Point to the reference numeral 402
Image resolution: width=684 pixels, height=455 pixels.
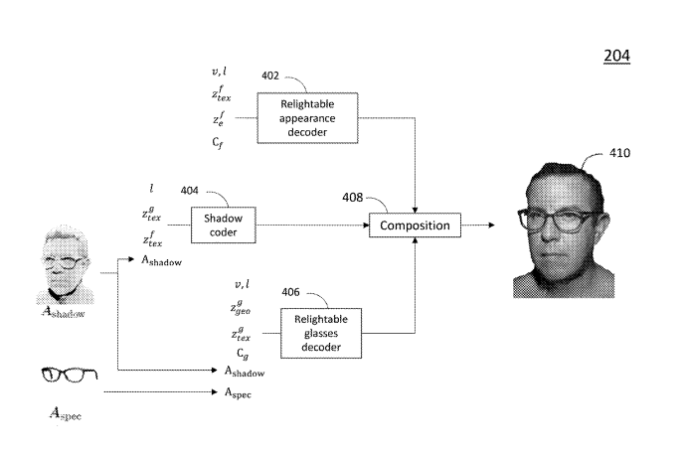pos(269,75)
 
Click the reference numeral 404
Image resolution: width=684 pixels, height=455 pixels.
pos(190,190)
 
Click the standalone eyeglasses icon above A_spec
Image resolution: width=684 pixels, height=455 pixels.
pos(62,376)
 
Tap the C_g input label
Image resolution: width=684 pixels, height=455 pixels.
pos(243,353)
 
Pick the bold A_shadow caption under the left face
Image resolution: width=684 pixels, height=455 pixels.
pos(66,312)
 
